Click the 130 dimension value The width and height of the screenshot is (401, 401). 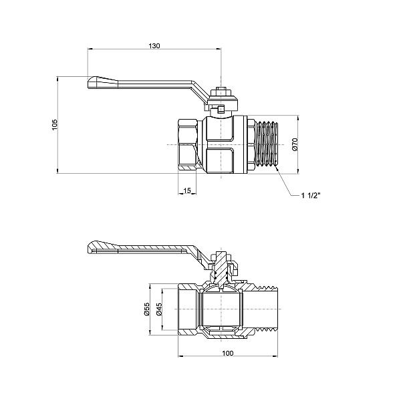coord(154,45)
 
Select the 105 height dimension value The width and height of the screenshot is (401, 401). coord(55,125)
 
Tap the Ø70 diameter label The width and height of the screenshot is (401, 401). coord(295,144)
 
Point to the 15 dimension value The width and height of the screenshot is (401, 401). coord(187,190)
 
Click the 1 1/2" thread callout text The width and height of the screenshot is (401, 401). coord(311,196)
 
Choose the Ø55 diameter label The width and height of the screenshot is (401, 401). coord(146,309)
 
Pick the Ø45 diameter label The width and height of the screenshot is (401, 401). coord(159,309)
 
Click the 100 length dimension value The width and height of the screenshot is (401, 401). coord(228,353)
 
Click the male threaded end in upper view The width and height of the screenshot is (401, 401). coord(266,144)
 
